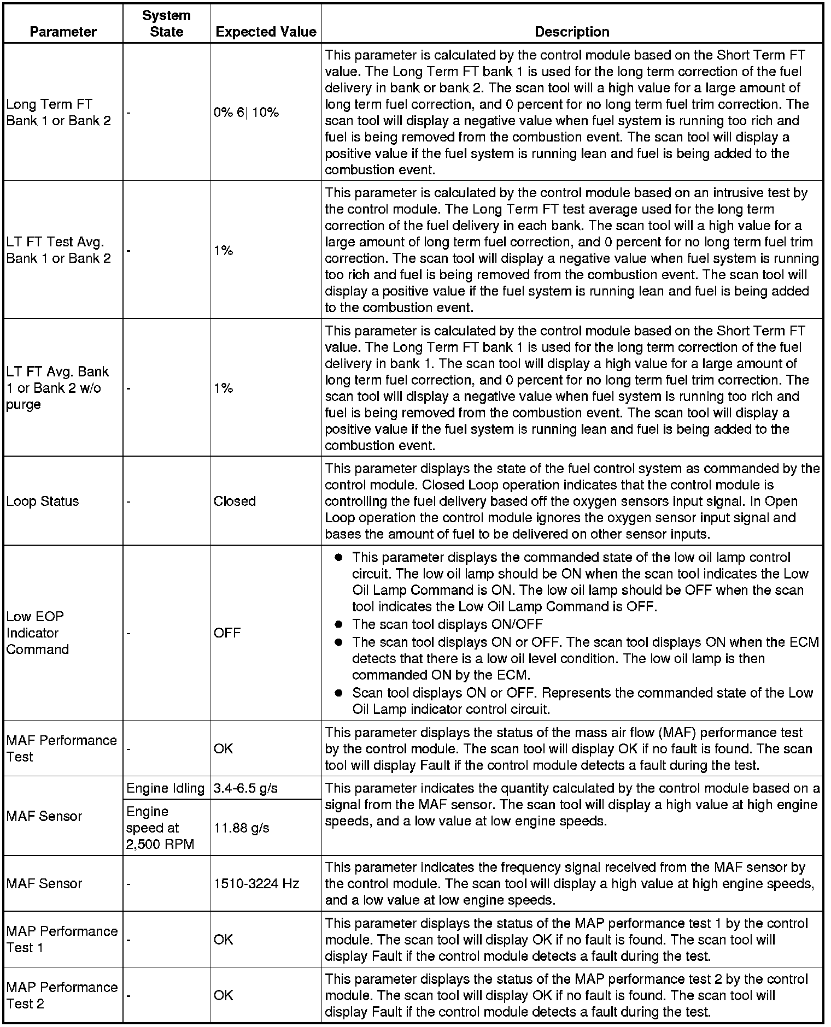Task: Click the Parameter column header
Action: point(63,32)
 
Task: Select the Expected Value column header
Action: point(266,32)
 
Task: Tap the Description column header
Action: point(572,32)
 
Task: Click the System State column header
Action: point(166,23)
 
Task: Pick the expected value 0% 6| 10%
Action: point(246,113)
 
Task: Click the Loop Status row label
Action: point(43,501)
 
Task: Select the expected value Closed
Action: point(235,501)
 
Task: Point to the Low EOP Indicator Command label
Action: point(38,633)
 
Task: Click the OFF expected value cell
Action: point(227,633)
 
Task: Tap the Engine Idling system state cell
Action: point(165,788)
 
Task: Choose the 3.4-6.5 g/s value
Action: point(245,788)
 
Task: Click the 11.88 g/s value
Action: point(241,828)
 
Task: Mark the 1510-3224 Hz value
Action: point(256,883)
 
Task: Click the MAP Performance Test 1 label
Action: point(62,939)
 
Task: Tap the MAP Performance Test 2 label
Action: point(62,995)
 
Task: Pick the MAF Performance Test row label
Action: point(61,748)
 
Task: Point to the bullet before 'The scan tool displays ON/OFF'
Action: point(338,624)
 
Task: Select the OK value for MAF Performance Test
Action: point(223,748)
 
